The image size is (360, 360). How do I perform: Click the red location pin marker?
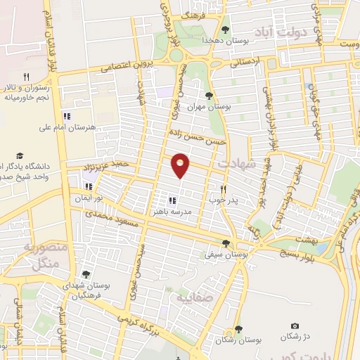pyautogui.click(x=181, y=165)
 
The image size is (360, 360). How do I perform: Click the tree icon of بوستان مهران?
pyautogui.click(x=208, y=94)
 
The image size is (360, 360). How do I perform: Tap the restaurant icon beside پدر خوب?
pyautogui.click(x=223, y=188)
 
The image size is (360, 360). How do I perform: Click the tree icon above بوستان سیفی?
pyautogui.click(x=226, y=243)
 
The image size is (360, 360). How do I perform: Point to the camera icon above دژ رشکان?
pyautogui.click(x=295, y=326)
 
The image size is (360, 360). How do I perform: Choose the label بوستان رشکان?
pyautogui.click(x=238, y=339)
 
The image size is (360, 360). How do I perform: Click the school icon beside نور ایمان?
pyautogui.click(x=88, y=187)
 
